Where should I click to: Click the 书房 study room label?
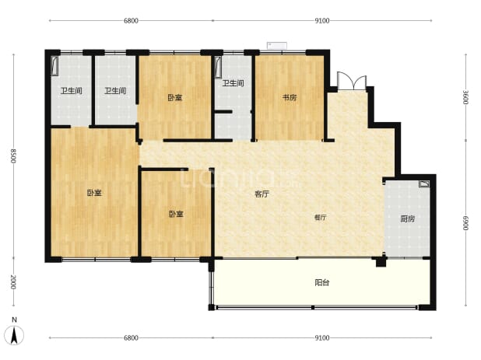click(x=290, y=97)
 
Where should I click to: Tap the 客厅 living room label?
click(x=262, y=194)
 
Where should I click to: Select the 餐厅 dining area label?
click(x=320, y=218)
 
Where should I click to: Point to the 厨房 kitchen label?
click(x=407, y=218)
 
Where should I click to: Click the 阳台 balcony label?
click(x=321, y=282)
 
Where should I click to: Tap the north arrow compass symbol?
click(x=14, y=332)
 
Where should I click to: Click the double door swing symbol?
click(x=352, y=81)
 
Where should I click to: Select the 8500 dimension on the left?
click(x=13, y=156)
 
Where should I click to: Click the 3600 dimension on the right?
click(x=465, y=97)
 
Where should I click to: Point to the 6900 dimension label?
click(x=465, y=223)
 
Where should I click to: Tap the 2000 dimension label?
click(x=13, y=281)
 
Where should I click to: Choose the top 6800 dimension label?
click(x=131, y=20)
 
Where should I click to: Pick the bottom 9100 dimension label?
click(x=322, y=337)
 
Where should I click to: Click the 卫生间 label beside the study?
click(x=233, y=83)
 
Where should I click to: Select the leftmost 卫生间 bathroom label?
click(x=71, y=91)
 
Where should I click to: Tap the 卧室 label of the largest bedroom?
click(x=94, y=193)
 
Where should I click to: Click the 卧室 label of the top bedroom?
click(x=175, y=97)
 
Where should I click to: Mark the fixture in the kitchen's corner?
click(x=424, y=183)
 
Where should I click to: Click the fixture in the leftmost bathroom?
click(x=54, y=65)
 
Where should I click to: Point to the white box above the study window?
click(x=277, y=46)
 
